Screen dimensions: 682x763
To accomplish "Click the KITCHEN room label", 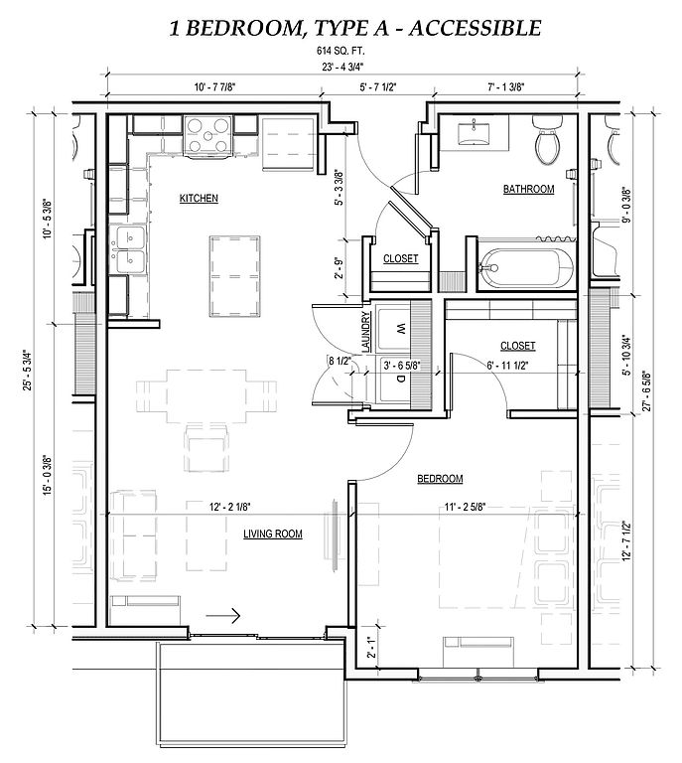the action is [x=199, y=198].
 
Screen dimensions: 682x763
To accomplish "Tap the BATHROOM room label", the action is [x=528, y=189].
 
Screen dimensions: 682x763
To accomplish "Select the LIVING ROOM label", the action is [x=273, y=534].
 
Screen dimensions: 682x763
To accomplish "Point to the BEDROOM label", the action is [x=440, y=479].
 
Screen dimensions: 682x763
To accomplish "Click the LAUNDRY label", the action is [x=366, y=332].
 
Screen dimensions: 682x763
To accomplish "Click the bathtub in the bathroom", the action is [x=526, y=267].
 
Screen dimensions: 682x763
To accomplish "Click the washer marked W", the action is [x=394, y=330].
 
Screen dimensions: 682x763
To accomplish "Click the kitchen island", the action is [x=235, y=276].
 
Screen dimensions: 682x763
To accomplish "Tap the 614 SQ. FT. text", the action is [x=341, y=51].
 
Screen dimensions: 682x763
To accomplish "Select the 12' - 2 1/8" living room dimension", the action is [x=230, y=507].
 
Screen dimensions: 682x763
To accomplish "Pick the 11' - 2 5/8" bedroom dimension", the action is [x=466, y=507].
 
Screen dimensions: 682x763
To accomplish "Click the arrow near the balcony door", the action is [x=223, y=616].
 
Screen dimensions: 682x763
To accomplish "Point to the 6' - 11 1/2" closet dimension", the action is [x=507, y=365].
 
